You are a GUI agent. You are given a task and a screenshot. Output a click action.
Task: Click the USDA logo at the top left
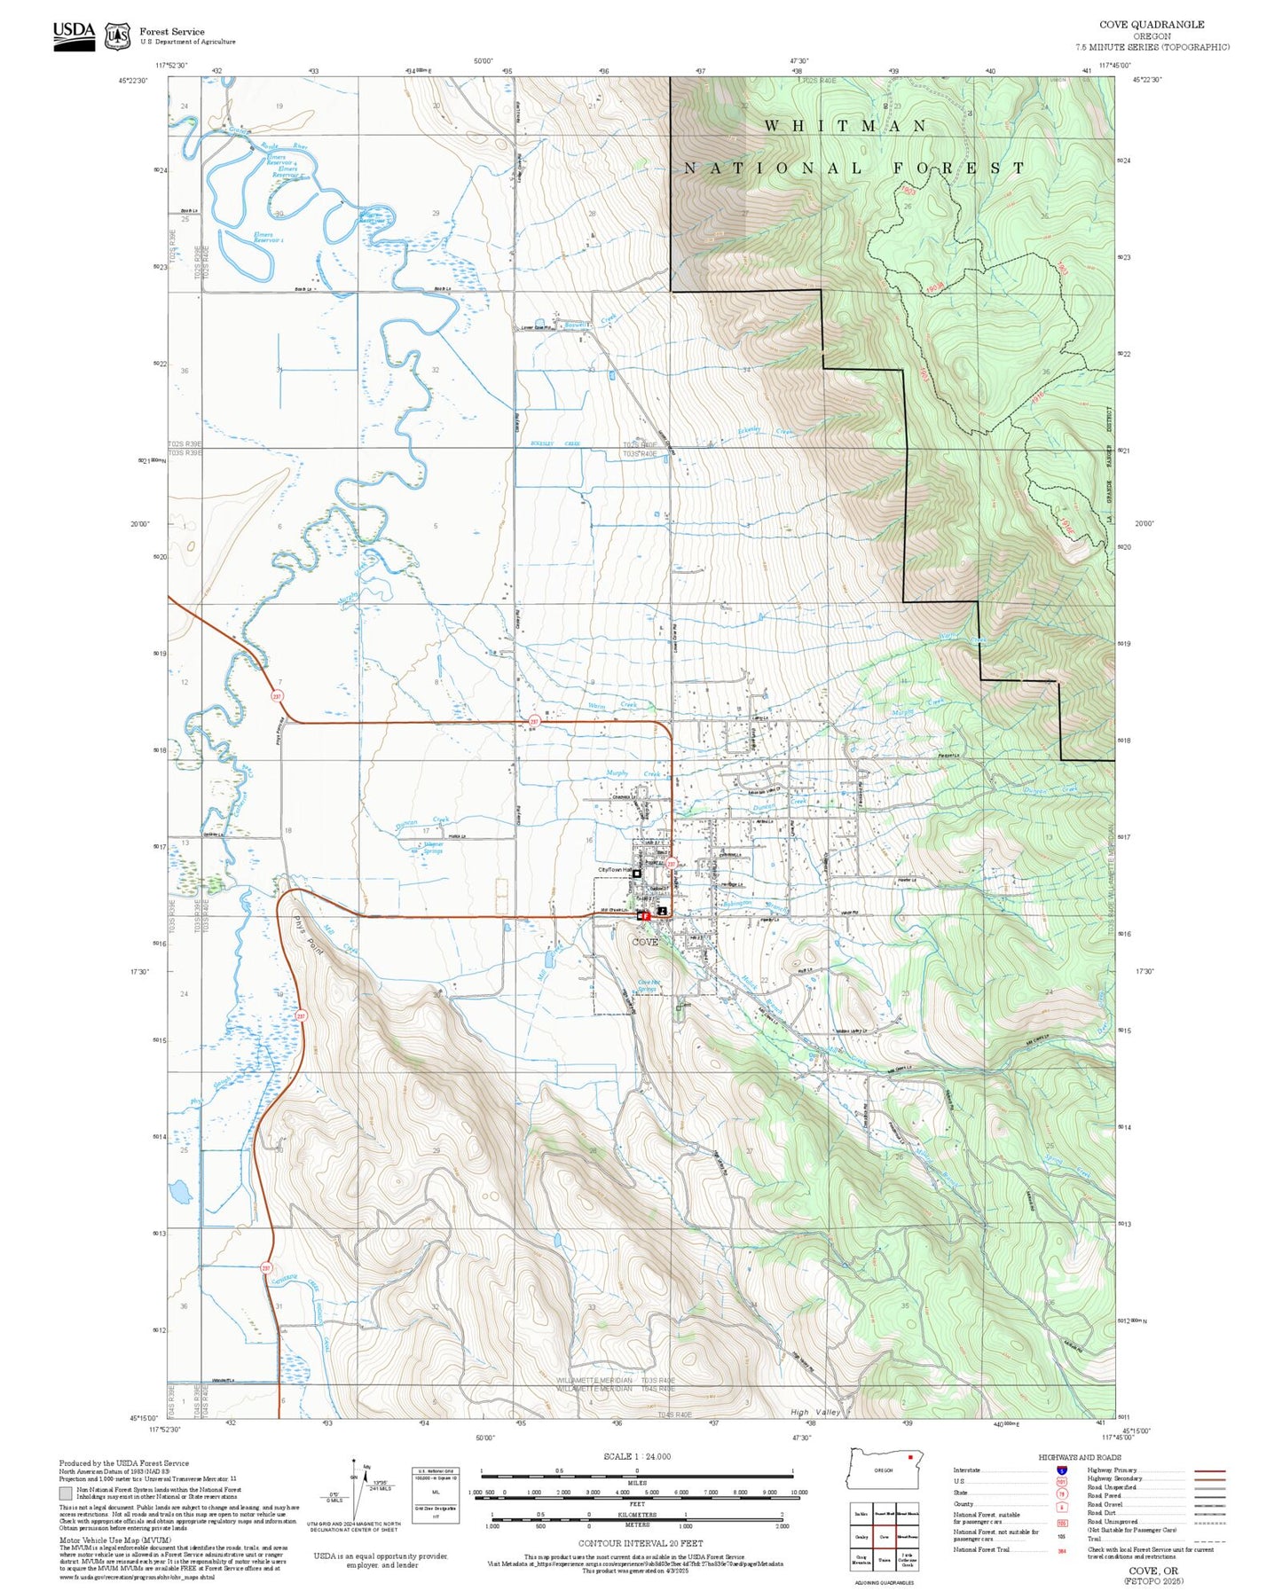[74, 35]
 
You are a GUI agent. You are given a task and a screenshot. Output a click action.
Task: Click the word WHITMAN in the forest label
[845, 126]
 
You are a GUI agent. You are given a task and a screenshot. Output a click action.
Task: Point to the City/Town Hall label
[614, 870]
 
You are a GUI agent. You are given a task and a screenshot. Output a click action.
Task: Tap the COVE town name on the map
[645, 942]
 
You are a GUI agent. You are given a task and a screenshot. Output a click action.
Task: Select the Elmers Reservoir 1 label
[269, 238]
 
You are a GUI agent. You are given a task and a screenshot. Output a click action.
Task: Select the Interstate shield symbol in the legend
[1061, 1470]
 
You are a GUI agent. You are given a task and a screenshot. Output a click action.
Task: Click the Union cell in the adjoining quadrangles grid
[884, 1557]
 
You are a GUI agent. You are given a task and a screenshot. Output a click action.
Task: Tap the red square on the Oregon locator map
[910, 1456]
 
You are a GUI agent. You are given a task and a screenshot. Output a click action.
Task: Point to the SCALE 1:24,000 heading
[637, 1456]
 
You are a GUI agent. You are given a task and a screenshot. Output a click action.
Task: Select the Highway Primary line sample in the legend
[1210, 1470]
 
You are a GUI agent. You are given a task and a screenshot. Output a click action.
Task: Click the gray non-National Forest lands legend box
[66, 1494]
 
